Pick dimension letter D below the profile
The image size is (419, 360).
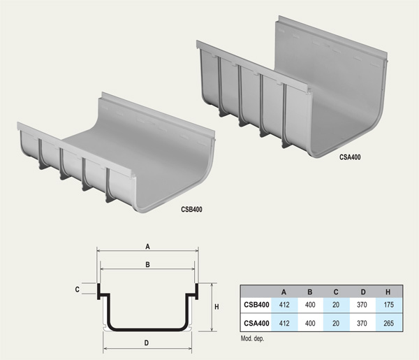coord(146,343)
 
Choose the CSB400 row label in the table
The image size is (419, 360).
coord(256,305)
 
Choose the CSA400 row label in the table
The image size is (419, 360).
coord(256,324)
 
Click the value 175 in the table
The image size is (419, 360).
coord(388,305)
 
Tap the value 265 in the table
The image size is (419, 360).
coord(388,324)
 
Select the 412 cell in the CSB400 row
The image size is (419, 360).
coord(284,305)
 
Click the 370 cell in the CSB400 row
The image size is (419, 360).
coord(362,305)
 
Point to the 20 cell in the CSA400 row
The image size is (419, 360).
coord(336,324)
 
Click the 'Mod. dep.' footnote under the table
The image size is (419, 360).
coord(254,338)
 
